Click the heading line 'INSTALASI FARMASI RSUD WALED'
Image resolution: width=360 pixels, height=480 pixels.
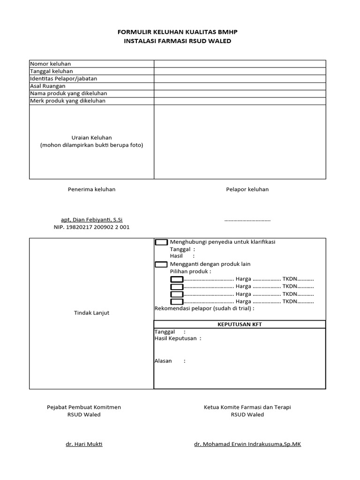(x=177, y=41)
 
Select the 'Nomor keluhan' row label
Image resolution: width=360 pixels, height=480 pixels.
(x=51, y=64)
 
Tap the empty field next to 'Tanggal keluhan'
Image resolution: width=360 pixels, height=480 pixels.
(x=240, y=71)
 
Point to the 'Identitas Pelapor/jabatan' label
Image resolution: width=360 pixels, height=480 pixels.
(x=64, y=79)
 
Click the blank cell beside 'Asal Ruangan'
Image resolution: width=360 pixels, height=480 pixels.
(x=240, y=86)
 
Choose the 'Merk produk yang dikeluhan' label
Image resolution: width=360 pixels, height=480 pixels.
(x=67, y=101)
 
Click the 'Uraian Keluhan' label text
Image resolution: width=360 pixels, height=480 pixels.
(x=91, y=137)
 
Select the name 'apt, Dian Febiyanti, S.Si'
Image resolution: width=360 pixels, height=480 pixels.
(x=91, y=219)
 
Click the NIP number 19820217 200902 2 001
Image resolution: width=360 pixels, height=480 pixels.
(x=91, y=227)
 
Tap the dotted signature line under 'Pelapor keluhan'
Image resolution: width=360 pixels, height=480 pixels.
(x=247, y=219)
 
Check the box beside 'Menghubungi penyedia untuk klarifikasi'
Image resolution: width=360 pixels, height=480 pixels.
(x=161, y=242)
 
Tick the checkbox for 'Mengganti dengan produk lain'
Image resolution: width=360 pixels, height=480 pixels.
(x=161, y=264)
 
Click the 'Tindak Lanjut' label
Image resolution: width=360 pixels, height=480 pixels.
(x=91, y=313)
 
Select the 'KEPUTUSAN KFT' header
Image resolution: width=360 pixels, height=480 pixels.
(x=240, y=324)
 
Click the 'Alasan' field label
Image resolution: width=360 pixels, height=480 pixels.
(x=163, y=361)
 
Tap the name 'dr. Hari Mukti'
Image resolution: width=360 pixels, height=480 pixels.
(x=84, y=444)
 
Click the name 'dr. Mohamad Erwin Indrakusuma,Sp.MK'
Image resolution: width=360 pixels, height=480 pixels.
(x=247, y=444)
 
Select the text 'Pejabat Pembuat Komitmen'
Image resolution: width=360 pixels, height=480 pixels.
(x=84, y=407)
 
